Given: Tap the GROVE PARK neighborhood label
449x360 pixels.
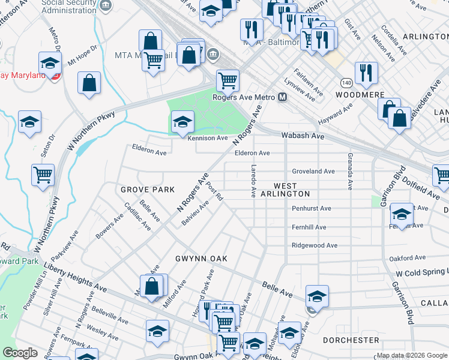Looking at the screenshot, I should coord(147,190).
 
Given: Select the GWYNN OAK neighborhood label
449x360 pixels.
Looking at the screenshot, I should coord(201,259).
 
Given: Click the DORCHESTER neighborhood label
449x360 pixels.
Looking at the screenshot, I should coord(351,340).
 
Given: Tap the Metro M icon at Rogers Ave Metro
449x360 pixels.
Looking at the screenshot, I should coord(282,97).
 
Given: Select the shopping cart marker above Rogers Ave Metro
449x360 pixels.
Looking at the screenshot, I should coord(228,80).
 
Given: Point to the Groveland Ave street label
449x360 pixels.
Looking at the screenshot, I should coord(313,171).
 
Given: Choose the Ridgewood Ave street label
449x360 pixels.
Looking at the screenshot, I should coord(315,245).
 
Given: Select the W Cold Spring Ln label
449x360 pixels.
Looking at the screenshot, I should coord(421,274).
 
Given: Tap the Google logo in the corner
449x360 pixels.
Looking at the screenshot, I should coord(20,353).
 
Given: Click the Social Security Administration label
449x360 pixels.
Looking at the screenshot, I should coord(69,7).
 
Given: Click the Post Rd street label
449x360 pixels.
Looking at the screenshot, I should coord(215,193).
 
